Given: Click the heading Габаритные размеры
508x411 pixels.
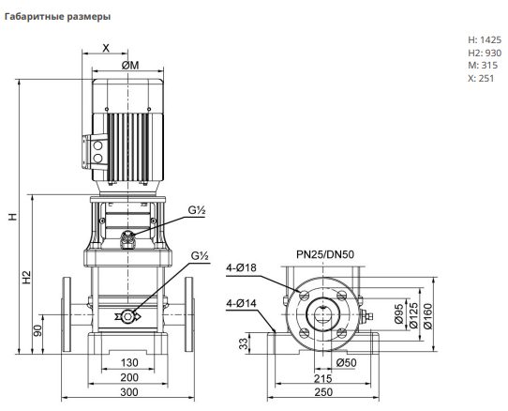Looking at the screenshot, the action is point(57,17).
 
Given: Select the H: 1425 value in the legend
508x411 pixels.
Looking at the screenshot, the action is point(485,40).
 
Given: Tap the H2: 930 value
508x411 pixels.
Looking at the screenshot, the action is point(485,53).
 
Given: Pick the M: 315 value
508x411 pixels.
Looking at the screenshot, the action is point(483,65).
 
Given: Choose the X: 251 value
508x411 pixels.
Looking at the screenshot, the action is point(481,78).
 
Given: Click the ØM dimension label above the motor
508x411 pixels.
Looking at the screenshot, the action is point(130,66).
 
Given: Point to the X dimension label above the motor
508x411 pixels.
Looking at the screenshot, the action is point(106,49).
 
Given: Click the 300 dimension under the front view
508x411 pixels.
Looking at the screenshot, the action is point(129,392).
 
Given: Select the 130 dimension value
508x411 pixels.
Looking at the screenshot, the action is point(129,362).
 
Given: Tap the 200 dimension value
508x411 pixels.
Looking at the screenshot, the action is point(129,377).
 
